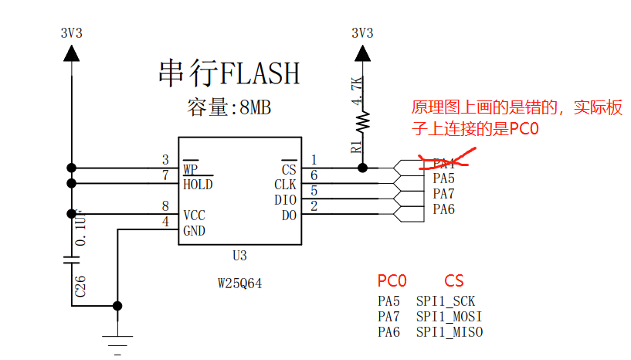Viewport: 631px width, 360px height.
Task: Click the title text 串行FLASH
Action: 228,73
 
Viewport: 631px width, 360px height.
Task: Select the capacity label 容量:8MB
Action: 229,107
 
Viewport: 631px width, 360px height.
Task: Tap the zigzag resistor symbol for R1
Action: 362,121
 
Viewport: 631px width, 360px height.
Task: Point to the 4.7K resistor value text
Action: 356,90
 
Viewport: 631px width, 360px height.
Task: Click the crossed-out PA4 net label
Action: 443,163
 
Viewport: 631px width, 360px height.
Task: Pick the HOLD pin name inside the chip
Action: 198,185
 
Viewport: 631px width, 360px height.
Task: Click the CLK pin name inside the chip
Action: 285,185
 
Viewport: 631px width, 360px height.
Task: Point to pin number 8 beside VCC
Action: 165,206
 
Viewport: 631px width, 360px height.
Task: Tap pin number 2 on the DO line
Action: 314,206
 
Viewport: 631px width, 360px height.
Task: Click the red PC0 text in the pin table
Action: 392,280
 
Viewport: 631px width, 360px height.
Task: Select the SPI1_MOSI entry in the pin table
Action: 449,317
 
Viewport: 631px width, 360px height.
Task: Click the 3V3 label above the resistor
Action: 362,33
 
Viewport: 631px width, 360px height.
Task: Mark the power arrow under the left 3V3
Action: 72,53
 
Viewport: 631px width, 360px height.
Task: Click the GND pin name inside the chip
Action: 195,230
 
